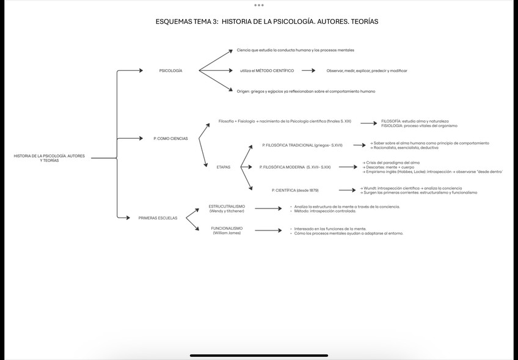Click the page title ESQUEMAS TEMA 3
(267, 21)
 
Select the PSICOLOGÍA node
(170, 71)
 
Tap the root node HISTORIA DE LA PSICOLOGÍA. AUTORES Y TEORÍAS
(49, 158)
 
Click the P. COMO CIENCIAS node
(170, 139)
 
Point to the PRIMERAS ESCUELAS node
(158, 218)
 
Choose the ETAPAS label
(224, 167)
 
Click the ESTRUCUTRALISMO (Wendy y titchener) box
(227, 208)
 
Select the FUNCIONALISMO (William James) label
(227, 230)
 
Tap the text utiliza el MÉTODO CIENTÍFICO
(267, 71)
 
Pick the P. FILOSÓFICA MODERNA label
(295, 167)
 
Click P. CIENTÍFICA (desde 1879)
(295, 190)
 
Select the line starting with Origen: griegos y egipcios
(306, 91)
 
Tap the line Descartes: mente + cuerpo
(392, 167)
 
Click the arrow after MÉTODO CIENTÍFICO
(308, 71)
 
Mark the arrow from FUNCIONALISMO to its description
(268, 230)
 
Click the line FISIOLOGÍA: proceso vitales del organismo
(419, 126)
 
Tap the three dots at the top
(259, 5)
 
